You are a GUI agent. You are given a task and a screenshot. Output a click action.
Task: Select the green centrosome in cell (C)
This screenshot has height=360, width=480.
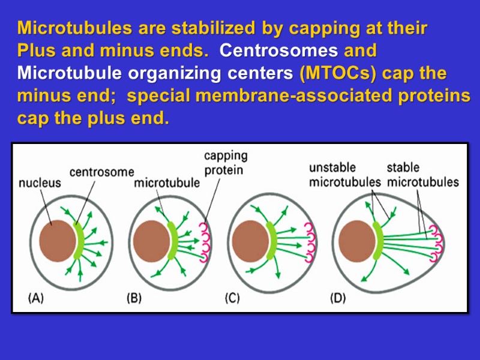click(271, 240)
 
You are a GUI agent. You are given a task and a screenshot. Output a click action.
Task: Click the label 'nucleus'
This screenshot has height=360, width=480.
click(40, 183)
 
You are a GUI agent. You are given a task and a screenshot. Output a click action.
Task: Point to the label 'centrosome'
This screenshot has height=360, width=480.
click(102, 172)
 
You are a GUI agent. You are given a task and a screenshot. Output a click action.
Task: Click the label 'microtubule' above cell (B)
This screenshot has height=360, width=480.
click(167, 183)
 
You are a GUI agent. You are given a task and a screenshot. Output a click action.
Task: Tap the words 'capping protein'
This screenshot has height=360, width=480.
click(225, 163)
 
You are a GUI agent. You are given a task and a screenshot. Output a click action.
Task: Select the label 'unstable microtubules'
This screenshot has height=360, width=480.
click(344, 175)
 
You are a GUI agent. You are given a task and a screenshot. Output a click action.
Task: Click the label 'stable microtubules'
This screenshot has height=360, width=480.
click(422, 175)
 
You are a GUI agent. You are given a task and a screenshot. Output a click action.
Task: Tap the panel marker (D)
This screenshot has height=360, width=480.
click(338, 298)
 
